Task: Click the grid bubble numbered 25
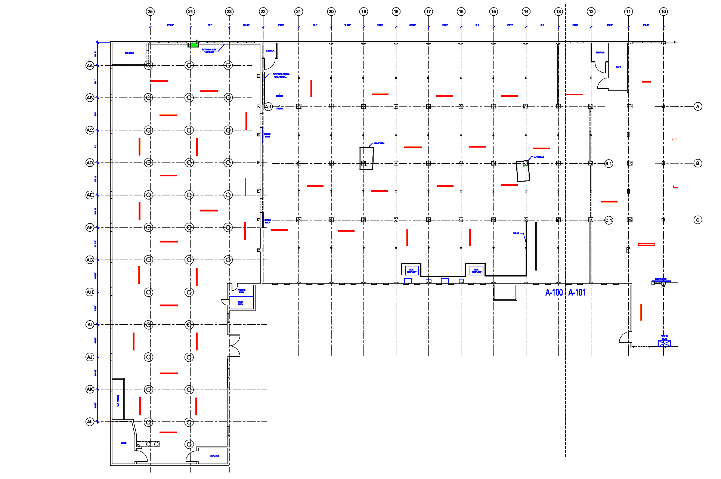(x=150, y=12)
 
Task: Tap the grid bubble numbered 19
(x=363, y=12)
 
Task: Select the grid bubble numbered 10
(x=663, y=12)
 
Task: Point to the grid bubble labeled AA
(x=90, y=66)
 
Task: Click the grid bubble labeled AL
(x=90, y=422)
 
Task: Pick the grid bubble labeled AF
(x=90, y=227)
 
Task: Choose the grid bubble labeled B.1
(x=609, y=164)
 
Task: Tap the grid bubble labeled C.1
(x=609, y=220)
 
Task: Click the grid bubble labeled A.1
(x=268, y=107)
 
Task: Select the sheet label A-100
(x=554, y=293)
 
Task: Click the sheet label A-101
(x=577, y=293)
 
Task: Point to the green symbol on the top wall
(x=194, y=44)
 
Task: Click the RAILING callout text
(x=516, y=234)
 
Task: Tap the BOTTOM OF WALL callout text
(x=209, y=51)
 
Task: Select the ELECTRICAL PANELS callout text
(x=281, y=75)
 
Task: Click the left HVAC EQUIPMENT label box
(x=411, y=271)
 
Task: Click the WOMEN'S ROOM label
(x=241, y=291)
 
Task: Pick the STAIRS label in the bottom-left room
(x=123, y=443)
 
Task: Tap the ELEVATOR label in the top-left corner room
(x=129, y=53)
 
